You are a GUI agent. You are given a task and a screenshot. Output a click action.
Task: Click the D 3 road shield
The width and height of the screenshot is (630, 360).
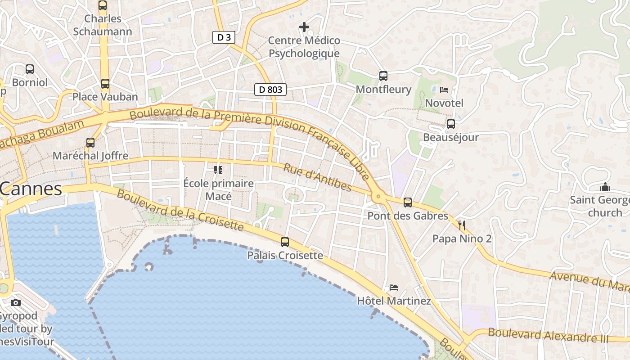[224, 37]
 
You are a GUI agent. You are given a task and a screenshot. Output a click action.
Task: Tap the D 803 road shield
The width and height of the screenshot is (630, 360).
[271, 90]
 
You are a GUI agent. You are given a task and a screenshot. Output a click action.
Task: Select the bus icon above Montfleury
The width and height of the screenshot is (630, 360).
[383, 76]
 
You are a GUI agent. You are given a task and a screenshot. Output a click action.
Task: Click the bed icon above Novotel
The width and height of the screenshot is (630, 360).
[444, 90]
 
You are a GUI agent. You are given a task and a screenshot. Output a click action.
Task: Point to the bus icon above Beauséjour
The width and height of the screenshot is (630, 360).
[451, 124]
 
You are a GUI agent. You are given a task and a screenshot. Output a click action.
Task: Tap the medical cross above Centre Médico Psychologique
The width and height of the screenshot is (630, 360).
[304, 27]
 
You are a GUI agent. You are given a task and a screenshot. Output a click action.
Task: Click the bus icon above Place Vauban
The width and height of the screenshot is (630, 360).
[105, 84]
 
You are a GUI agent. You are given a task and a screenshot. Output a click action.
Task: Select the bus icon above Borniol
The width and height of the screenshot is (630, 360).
[30, 69]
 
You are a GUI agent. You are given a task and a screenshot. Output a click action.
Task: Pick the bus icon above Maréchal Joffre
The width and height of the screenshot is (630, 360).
[90, 143]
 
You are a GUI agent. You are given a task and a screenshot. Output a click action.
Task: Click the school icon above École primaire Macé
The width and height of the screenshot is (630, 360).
[218, 170]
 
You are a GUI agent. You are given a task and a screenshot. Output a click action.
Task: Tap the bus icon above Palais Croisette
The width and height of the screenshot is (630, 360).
[285, 242]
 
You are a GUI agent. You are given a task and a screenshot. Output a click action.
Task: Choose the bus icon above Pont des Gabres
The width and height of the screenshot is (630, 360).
[408, 202]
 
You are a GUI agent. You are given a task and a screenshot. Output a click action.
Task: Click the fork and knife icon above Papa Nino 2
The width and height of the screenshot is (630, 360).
[462, 225]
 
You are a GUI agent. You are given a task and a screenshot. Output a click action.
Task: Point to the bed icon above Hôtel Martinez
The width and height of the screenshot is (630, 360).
[394, 287]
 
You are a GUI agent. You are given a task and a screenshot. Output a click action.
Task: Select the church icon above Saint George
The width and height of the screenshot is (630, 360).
[605, 186]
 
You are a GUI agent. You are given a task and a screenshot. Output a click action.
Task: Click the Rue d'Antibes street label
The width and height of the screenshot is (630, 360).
[317, 177]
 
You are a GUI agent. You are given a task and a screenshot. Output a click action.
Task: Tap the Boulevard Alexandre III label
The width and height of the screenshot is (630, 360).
[548, 335]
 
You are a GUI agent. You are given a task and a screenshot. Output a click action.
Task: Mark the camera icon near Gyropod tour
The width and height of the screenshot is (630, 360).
[16, 302]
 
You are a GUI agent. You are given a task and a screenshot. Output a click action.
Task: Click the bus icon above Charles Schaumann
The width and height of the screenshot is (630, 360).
[103, 5]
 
